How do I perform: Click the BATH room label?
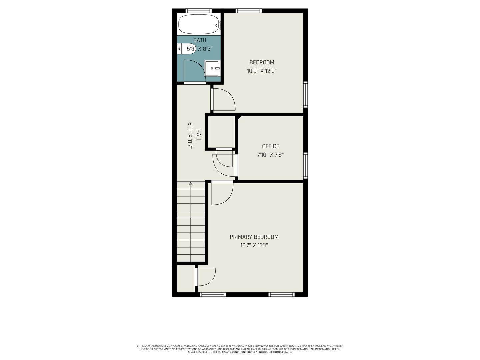[x=199, y=40]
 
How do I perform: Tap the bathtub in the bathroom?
[x=199, y=24]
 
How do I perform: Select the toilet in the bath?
[x=186, y=49]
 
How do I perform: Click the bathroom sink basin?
[x=212, y=68]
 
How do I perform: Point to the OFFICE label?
[x=271, y=146]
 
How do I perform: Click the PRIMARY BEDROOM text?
[x=254, y=237]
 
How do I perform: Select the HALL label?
[x=198, y=136]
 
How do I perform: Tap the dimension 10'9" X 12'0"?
[x=262, y=71]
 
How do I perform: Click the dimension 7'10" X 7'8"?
[x=271, y=155]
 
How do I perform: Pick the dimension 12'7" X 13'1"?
[x=254, y=245]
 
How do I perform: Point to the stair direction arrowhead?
[x=191, y=183]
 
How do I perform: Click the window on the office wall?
[x=305, y=165]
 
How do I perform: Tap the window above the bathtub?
[x=199, y=10]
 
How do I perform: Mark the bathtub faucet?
[x=218, y=26]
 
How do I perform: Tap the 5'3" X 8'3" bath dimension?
[x=200, y=49]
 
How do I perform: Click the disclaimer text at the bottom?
[x=240, y=349]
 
